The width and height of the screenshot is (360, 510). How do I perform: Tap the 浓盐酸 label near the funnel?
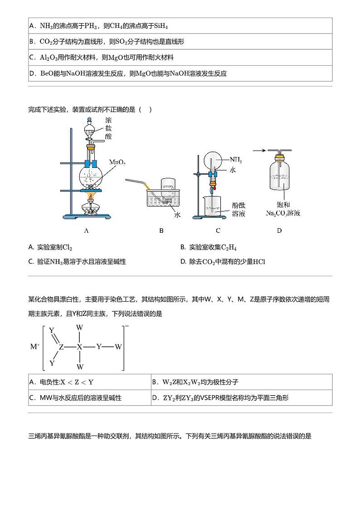point(108,128)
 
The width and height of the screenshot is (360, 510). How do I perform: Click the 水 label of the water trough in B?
point(177,215)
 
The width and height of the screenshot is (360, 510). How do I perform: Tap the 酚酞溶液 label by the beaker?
point(238,209)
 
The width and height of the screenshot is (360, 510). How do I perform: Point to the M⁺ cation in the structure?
point(35,347)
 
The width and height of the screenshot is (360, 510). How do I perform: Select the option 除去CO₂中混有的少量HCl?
point(226,261)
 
